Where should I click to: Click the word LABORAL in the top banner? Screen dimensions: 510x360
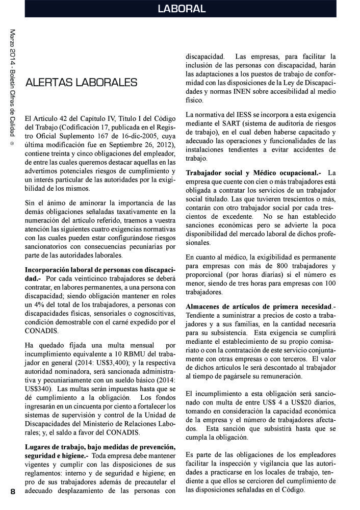181,9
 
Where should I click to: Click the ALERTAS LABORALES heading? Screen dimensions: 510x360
81,82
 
